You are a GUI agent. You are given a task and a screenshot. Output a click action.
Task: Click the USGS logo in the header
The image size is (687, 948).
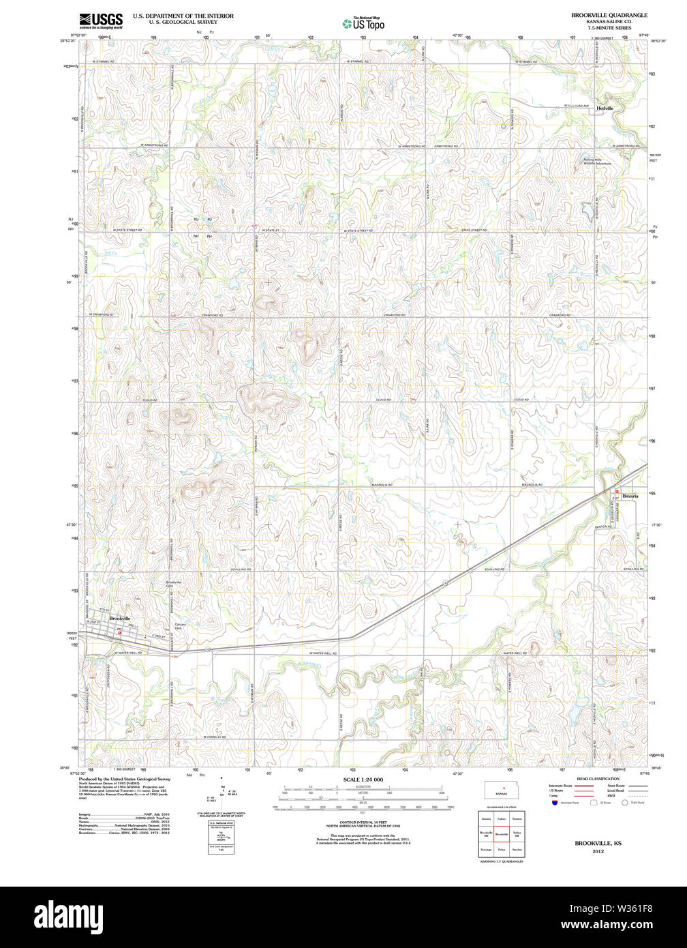(x=100, y=20)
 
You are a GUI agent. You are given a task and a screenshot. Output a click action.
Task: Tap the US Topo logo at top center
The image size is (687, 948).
(x=363, y=23)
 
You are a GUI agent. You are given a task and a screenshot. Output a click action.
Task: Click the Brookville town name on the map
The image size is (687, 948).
(x=119, y=619)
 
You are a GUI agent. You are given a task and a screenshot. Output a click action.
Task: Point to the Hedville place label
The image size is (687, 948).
(x=605, y=108)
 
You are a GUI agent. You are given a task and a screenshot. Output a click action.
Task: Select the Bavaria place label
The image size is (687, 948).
(x=630, y=496)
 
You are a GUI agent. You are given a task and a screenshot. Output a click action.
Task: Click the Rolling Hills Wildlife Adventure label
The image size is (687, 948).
(x=597, y=162)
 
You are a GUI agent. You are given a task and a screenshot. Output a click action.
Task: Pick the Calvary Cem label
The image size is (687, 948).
(x=180, y=626)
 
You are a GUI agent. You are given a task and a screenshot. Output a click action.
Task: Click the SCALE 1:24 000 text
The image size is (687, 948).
(x=363, y=779)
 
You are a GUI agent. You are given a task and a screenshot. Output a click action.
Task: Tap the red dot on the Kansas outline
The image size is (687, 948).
(x=504, y=788)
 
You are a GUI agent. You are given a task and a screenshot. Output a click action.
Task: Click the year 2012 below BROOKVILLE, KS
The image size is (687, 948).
(x=598, y=851)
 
